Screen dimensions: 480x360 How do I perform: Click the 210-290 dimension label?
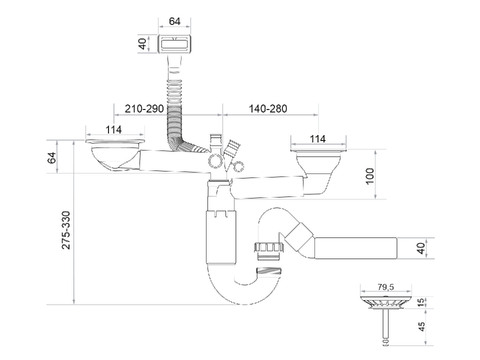(x=144, y=109)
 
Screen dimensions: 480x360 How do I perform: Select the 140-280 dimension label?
(x=268, y=109)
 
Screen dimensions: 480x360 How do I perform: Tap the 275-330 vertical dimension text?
(x=66, y=230)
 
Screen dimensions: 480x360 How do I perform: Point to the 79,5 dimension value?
(x=386, y=287)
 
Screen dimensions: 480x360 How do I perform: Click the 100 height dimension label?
(x=370, y=176)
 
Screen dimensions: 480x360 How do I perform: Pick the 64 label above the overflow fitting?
(x=174, y=21)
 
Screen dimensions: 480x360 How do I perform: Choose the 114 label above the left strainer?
(x=114, y=130)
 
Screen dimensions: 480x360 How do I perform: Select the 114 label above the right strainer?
(x=318, y=139)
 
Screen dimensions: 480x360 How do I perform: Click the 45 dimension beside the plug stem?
(x=422, y=326)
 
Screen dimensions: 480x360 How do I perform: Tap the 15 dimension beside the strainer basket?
(x=422, y=302)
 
